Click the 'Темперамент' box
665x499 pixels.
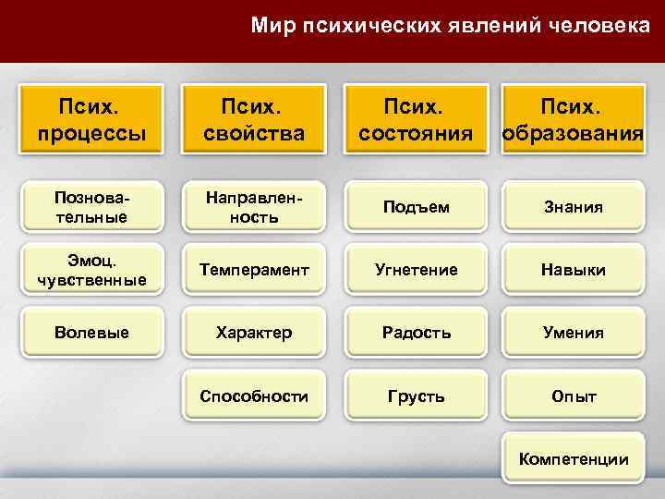pyautogui.click(x=254, y=270)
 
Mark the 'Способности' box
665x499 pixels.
pyautogui.click(x=254, y=396)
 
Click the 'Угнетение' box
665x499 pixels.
pyautogui.click(x=415, y=270)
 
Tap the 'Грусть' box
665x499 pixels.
pyautogui.click(x=415, y=396)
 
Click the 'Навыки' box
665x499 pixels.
pyautogui.click(x=574, y=270)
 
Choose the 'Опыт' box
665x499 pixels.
pyautogui.click(x=574, y=396)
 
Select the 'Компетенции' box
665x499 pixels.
pyautogui.click(x=574, y=458)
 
